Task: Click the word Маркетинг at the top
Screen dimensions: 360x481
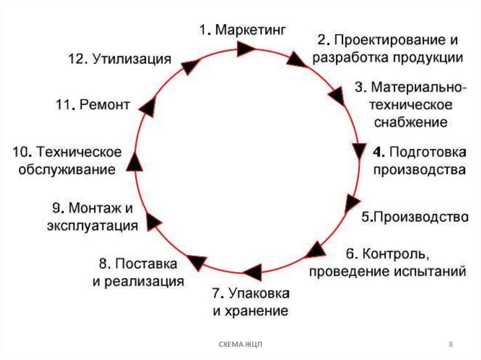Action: (250, 31)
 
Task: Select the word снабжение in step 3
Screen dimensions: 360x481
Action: (410, 123)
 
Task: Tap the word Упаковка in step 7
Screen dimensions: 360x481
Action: (259, 294)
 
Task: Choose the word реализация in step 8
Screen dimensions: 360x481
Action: (143, 282)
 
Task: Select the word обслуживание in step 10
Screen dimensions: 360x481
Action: (67, 169)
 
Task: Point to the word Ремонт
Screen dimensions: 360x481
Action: (104, 105)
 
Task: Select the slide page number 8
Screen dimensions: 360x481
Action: (451, 345)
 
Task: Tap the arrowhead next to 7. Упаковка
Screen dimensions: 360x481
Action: (252, 272)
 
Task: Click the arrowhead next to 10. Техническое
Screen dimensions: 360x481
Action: (134, 162)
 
